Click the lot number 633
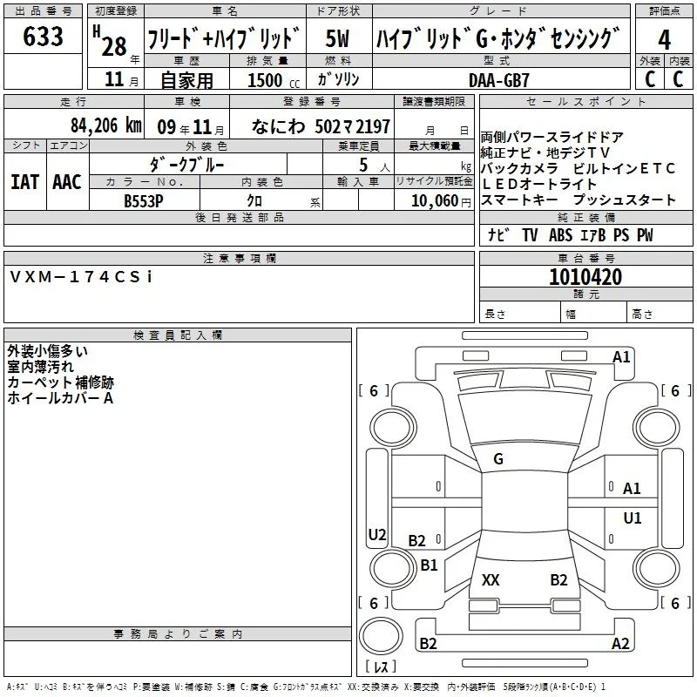[x=43, y=36]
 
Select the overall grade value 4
[x=664, y=39]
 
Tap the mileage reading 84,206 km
[x=106, y=125]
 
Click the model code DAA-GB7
[x=498, y=80]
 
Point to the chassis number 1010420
[x=585, y=276]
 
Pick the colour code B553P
[x=144, y=201]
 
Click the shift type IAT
[x=24, y=182]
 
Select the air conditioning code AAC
[x=67, y=182]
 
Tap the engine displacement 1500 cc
[x=274, y=80]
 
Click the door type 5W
[x=337, y=38]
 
